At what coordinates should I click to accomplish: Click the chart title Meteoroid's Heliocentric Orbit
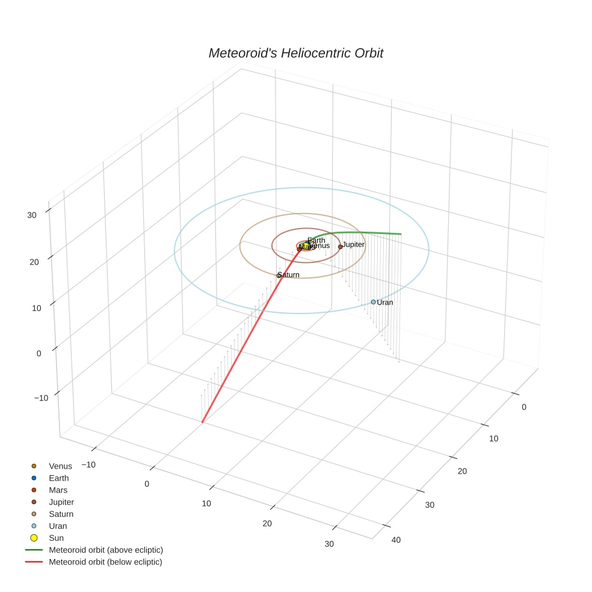click(x=295, y=54)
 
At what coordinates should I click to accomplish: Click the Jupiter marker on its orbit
click(x=341, y=247)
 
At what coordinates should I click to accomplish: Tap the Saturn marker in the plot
click(x=279, y=276)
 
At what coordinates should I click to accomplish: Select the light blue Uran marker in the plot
click(x=373, y=302)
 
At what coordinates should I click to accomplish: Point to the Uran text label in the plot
click(x=385, y=303)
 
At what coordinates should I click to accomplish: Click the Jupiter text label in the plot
click(x=354, y=245)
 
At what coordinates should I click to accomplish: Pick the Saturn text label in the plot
click(x=289, y=275)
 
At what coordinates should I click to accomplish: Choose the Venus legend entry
click(x=60, y=466)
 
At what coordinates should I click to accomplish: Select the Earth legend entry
click(x=59, y=478)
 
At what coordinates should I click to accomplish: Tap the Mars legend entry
click(x=58, y=490)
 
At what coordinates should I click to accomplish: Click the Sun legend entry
click(x=56, y=538)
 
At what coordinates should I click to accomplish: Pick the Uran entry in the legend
click(x=58, y=526)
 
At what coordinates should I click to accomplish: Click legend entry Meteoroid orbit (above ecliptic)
click(x=106, y=550)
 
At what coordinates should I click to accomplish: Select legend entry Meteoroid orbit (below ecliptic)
click(x=105, y=563)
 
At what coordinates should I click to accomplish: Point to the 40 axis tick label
click(x=396, y=540)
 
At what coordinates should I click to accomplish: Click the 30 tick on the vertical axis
click(x=32, y=215)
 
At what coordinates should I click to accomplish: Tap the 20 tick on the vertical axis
click(x=34, y=262)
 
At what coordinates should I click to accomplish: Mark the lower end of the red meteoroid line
click(x=203, y=422)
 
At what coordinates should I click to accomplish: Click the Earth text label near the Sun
click(x=316, y=241)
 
